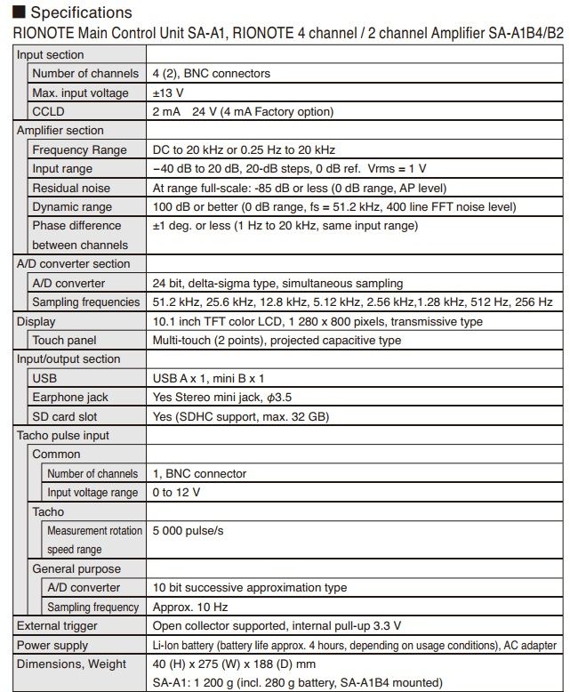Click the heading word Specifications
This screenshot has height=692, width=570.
tap(81, 12)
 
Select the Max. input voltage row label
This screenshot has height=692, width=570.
tap(80, 93)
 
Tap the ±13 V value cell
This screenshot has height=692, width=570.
tap(170, 93)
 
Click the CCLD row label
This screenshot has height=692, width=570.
tap(48, 111)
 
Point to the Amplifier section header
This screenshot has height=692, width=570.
tap(60, 131)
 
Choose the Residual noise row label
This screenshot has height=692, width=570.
tap(71, 188)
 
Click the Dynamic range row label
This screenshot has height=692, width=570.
tap(72, 206)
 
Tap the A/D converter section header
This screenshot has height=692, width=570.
tap(74, 263)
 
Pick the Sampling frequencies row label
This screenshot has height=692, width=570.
tap(85, 302)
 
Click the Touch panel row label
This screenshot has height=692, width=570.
tap(64, 340)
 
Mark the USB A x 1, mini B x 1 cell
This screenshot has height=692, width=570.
tap(208, 378)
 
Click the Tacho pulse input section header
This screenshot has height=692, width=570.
tap(63, 435)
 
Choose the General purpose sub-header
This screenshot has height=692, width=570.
tap(76, 568)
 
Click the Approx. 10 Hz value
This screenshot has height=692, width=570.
tap(190, 607)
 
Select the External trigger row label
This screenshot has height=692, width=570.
tap(58, 625)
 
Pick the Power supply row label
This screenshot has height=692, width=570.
tap(52, 645)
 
